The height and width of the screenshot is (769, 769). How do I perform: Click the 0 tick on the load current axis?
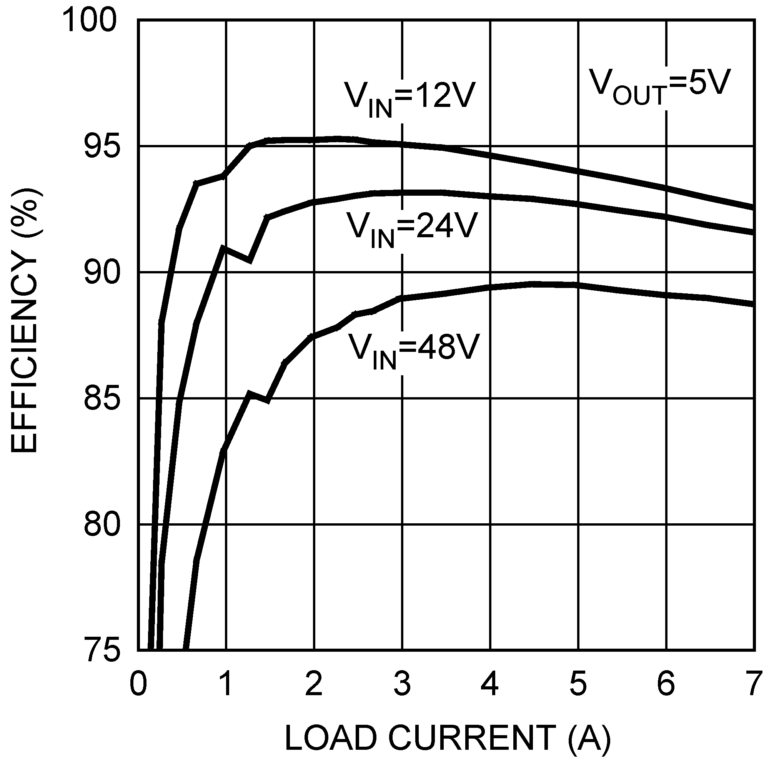138,683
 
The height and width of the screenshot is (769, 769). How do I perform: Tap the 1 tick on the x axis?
226,683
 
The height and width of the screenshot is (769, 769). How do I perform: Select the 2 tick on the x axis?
314,683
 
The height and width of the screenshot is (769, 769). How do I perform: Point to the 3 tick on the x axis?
402,683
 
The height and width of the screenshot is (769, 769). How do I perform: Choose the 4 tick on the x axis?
490,683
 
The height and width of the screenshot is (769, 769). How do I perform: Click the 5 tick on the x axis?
578,683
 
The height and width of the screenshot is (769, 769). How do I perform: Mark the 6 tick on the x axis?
666,683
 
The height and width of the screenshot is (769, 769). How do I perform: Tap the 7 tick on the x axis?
752,683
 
